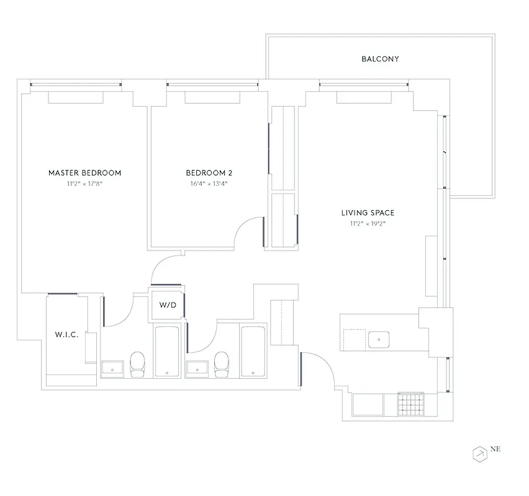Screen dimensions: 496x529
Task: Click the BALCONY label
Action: [x=380, y=60]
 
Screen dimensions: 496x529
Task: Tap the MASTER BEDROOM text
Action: [x=84, y=173]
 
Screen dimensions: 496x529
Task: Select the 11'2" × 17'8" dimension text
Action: [x=84, y=184]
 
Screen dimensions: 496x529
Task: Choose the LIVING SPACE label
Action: [x=368, y=213]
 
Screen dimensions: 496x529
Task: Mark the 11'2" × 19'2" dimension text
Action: [x=368, y=224]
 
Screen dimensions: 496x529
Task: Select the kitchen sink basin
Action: [x=378, y=340]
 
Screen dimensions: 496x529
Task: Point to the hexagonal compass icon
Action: [x=479, y=454]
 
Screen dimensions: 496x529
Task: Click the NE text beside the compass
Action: [x=495, y=450]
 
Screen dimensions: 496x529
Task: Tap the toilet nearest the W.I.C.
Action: [x=137, y=364]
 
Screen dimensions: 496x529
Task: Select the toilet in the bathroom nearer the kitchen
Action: [x=222, y=364]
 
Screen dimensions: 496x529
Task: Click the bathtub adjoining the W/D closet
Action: [x=166, y=351]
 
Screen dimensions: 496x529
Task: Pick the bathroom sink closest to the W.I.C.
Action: [x=113, y=368]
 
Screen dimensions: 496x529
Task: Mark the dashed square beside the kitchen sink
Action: [x=355, y=339]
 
